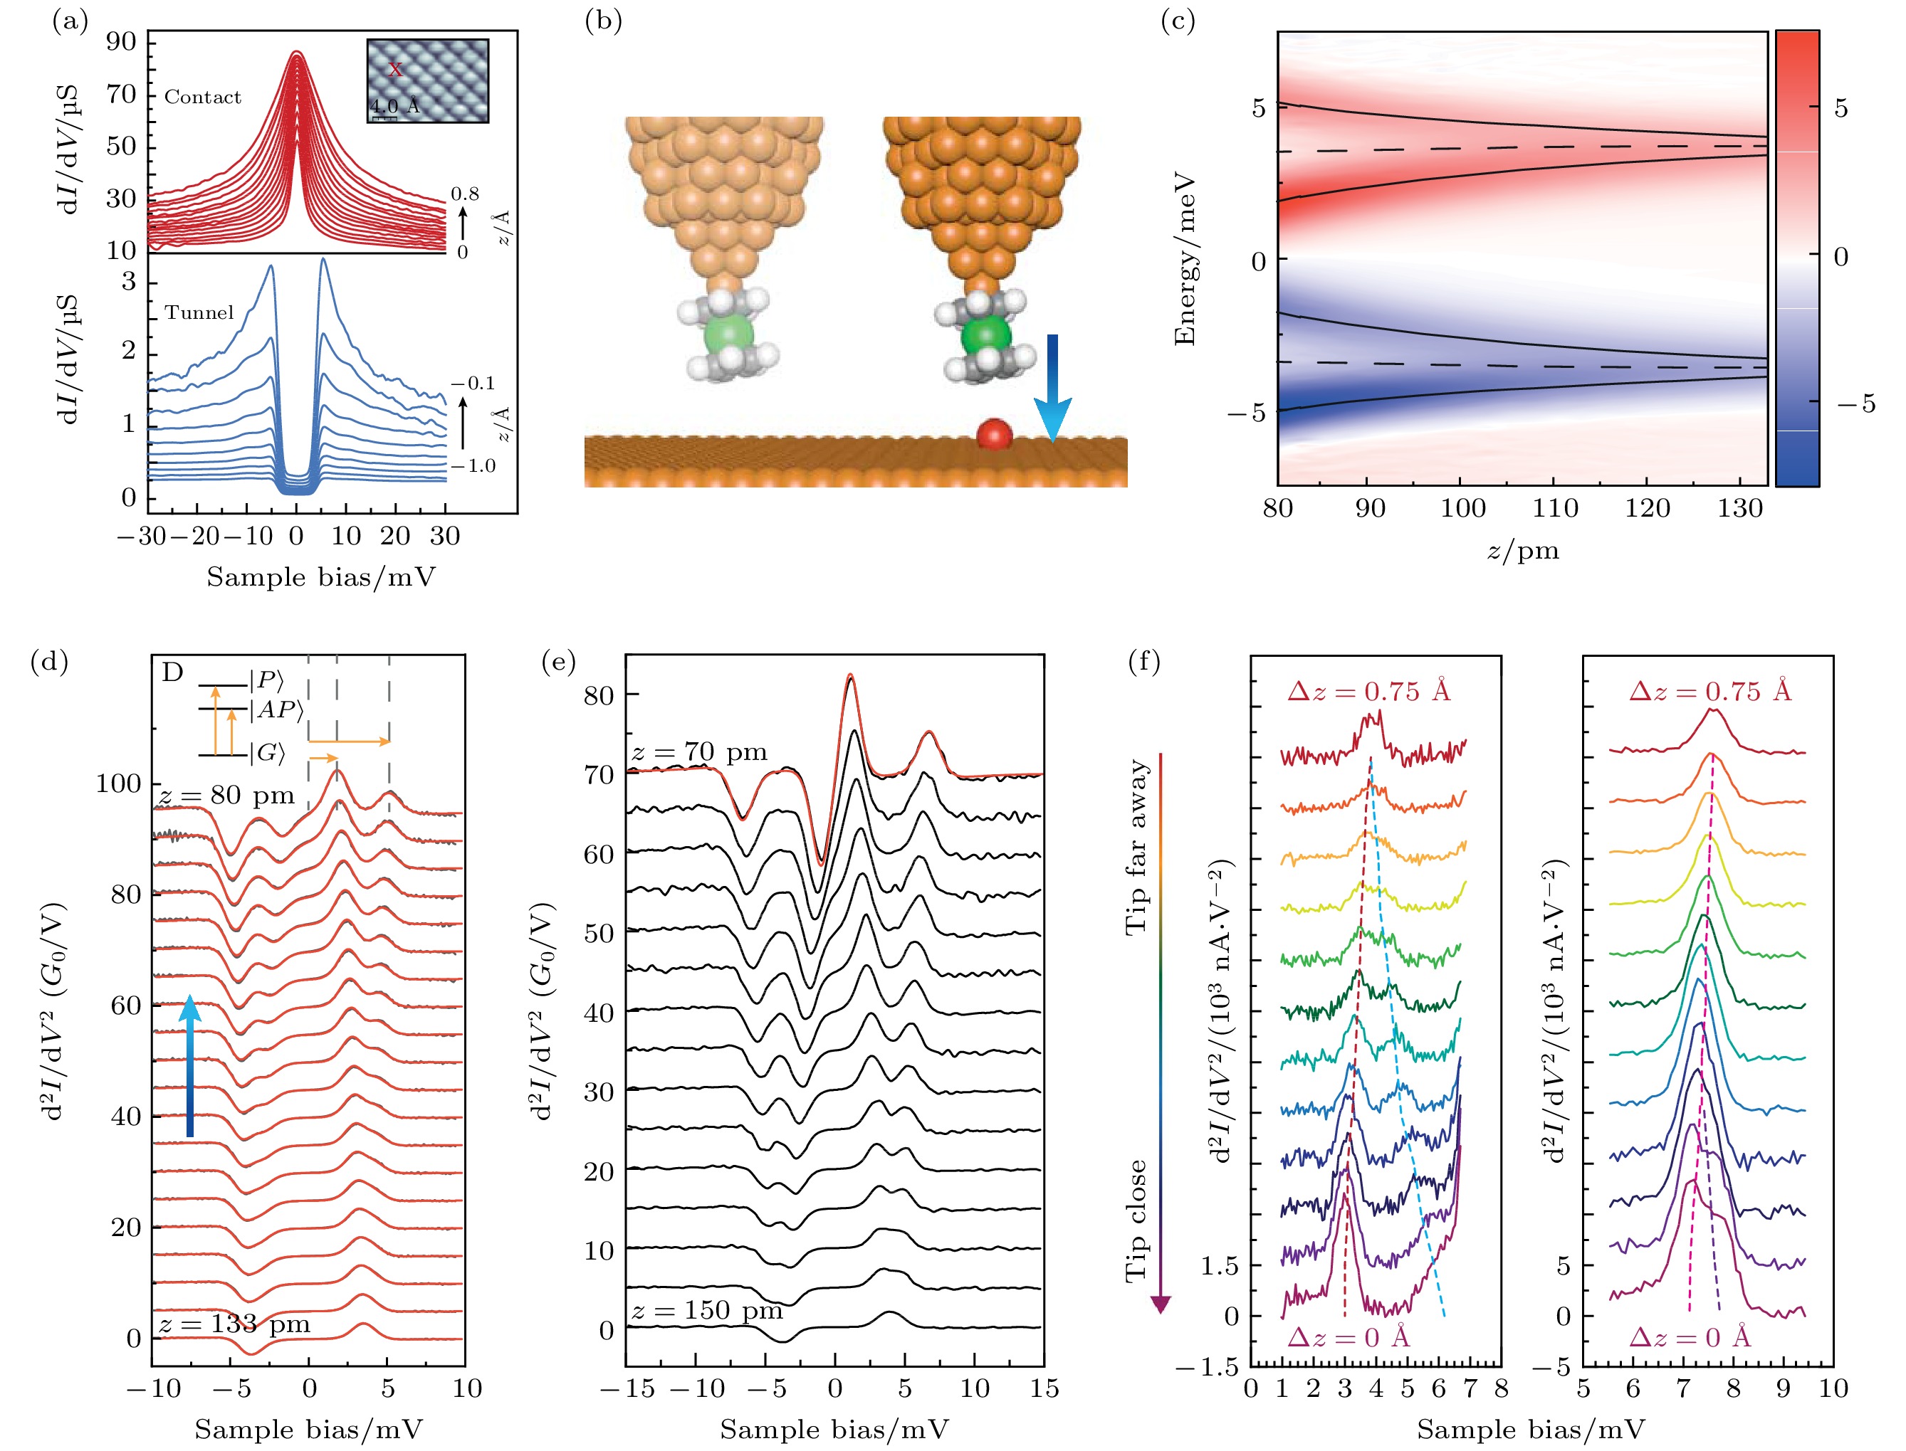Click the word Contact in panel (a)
coord(203,97)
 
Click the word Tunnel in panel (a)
coord(199,312)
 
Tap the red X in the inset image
coord(395,70)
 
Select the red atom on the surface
coord(994,433)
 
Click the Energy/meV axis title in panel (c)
coord(1185,260)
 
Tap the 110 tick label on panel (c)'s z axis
coord(1555,508)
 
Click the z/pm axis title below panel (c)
coord(1522,550)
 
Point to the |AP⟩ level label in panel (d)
coord(276,710)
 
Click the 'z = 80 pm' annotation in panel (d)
coord(226,795)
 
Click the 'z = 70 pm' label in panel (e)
coord(699,751)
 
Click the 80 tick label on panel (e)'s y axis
coord(599,695)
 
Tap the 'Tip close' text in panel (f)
coord(1136,1220)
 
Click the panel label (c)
coord(1178,21)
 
